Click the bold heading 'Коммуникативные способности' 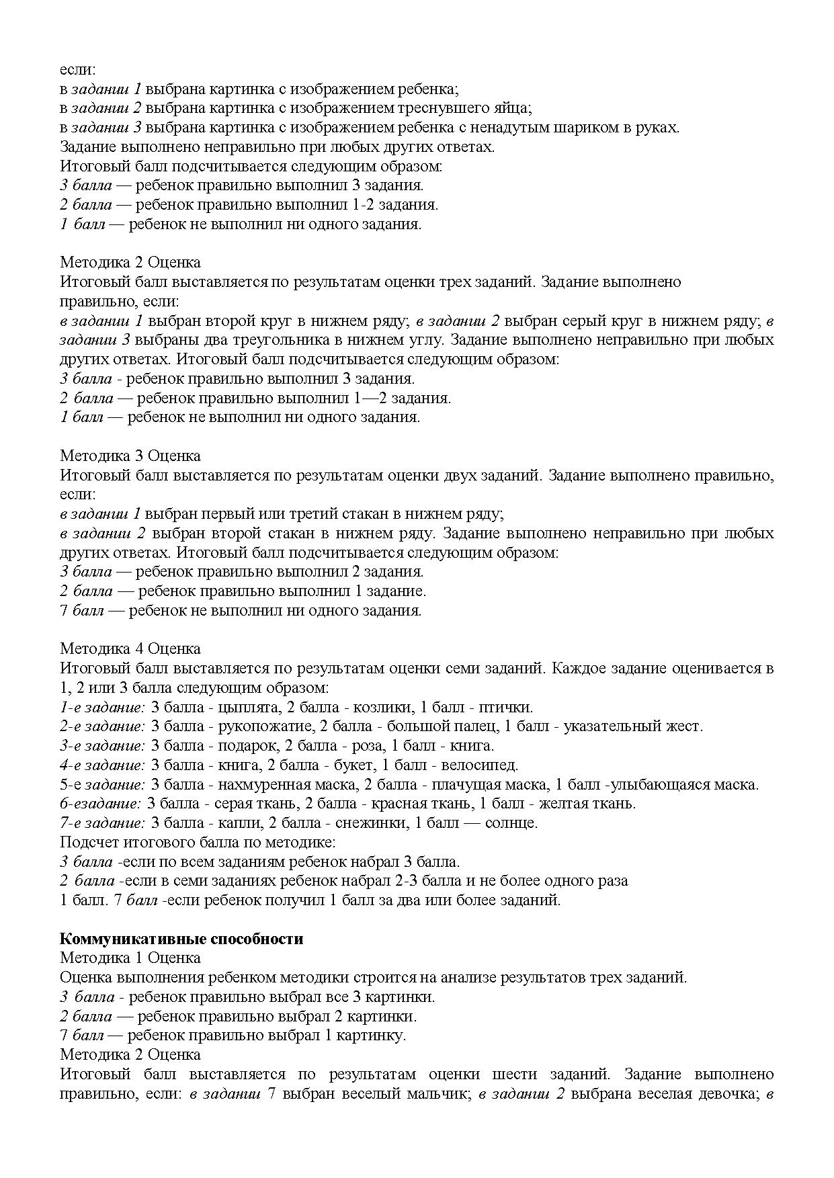click(x=181, y=939)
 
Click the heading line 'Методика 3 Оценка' click(x=130, y=456)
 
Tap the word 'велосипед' click(x=484, y=765)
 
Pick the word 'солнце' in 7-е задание click(x=513, y=823)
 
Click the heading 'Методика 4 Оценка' click(x=130, y=649)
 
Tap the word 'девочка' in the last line click(x=724, y=1094)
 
